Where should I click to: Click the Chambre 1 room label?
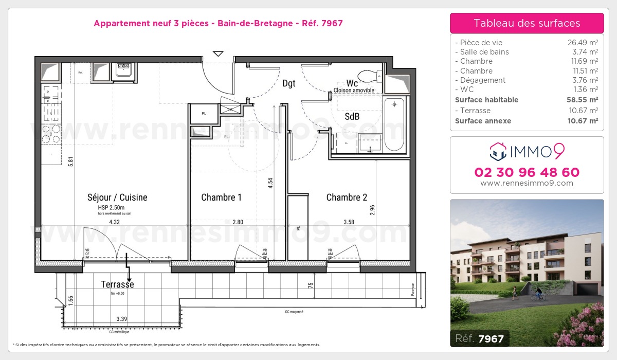coord(221,197)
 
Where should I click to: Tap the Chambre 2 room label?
coord(347,197)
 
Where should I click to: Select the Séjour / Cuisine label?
coord(117,197)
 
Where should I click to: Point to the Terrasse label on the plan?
coord(117,284)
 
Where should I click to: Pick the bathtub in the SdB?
coord(394,124)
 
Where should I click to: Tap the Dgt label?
coord(289,83)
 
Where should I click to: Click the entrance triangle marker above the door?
coord(218,53)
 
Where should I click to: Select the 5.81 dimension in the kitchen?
coord(72,160)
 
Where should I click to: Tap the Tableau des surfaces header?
coord(527,23)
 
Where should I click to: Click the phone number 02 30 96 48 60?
coord(527,172)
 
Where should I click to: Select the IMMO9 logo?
coord(527,151)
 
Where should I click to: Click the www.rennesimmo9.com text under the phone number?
coord(527,183)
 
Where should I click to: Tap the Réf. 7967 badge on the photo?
coord(480,339)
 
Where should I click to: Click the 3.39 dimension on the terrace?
coord(122,319)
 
